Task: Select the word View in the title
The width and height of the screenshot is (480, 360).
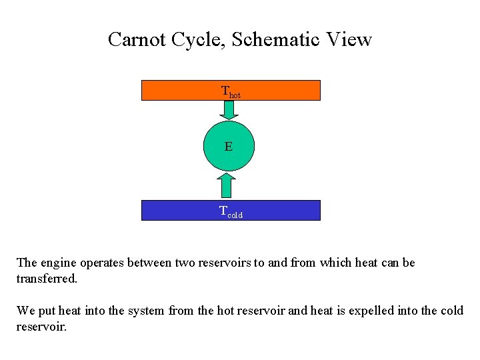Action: click(x=349, y=39)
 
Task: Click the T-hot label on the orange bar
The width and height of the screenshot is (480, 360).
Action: click(x=231, y=91)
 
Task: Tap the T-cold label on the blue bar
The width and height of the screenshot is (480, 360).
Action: click(x=231, y=212)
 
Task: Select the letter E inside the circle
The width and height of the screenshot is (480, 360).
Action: click(x=229, y=146)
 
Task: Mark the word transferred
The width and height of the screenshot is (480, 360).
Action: click(x=47, y=279)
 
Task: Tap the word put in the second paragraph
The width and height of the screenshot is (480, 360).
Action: click(x=46, y=311)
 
